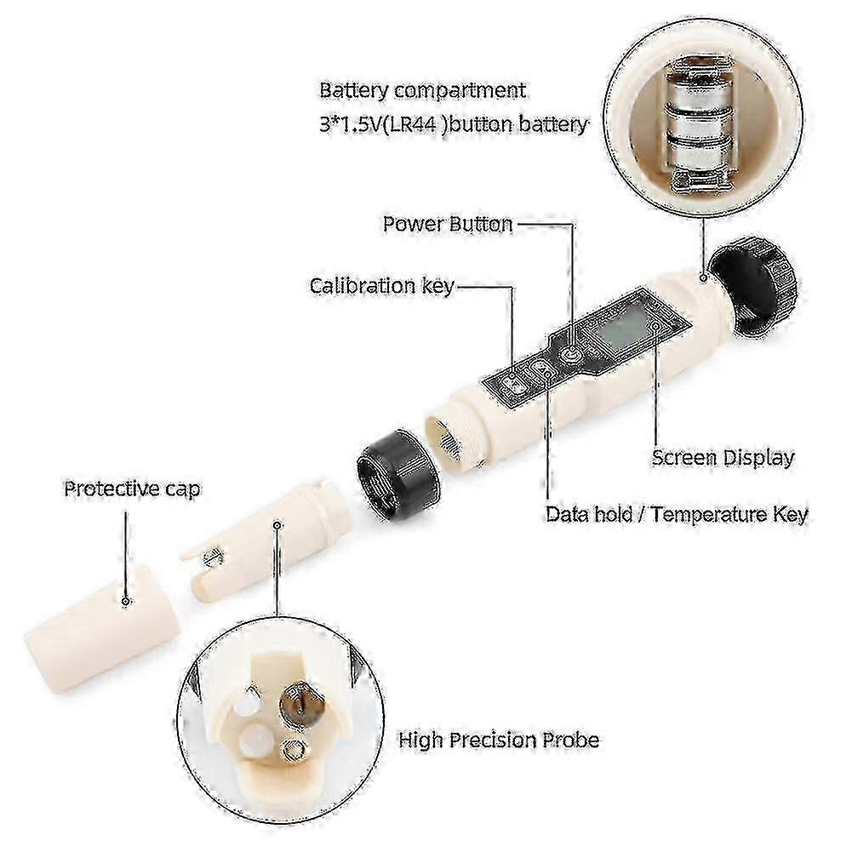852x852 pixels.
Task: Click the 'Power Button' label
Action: coord(448,224)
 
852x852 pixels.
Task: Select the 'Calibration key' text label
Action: coord(381,286)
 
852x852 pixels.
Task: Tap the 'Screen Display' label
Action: coord(723,458)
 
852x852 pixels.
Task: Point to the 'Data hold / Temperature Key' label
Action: coord(677,514)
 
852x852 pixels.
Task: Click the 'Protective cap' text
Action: coord(132,489)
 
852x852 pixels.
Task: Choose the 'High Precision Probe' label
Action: coord(499,740)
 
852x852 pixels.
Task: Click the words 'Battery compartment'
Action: coord(422,90)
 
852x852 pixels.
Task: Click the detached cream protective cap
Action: coord(102,630)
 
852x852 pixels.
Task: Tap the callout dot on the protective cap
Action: coord(125,601)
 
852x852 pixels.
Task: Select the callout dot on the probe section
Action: coord(277,525)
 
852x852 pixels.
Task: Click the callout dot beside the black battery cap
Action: coord(703,277)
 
